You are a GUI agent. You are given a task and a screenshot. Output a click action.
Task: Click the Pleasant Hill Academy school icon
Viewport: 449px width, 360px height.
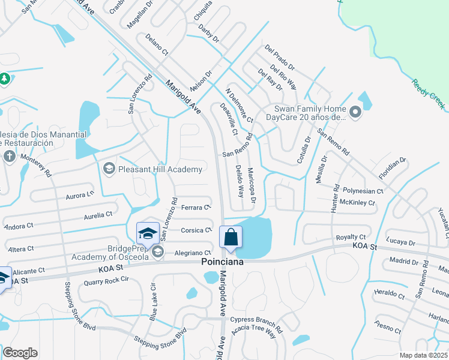tap(109, 169)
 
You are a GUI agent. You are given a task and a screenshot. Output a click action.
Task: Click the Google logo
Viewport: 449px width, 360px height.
tap(20, 353)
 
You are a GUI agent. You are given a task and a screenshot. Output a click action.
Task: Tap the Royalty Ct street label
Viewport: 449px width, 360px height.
tap(351, 238)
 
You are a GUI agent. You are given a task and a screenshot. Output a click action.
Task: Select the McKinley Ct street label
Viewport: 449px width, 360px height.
tap(357, 203)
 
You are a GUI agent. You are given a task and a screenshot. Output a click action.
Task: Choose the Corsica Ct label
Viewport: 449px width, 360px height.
tap(196, 230)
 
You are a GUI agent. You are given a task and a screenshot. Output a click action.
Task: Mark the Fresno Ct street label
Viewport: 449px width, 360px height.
tap(387, 327)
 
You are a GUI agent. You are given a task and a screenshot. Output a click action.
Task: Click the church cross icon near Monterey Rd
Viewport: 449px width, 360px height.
tap(9, 156)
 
